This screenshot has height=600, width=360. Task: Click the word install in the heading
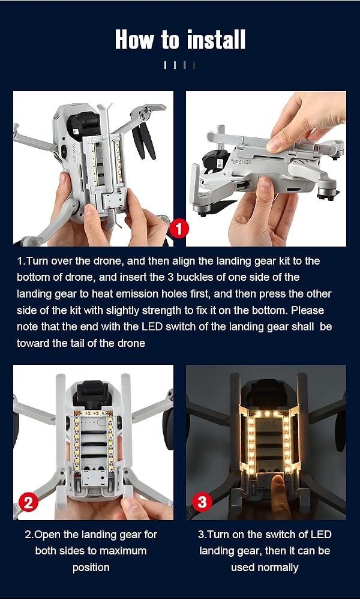[x=216, y=40]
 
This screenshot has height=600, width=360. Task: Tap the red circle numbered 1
[x=179, y=229]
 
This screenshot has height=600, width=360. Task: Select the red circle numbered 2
[x=28, y=502]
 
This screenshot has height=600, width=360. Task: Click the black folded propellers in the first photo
[x=143, y=141]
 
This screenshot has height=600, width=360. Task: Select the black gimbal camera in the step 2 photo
[x=92, y=394]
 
